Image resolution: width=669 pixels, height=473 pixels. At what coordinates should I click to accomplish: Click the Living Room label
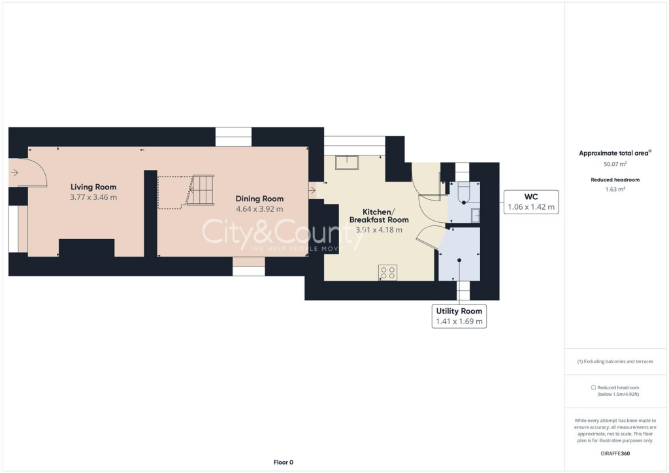(x=93, y=187)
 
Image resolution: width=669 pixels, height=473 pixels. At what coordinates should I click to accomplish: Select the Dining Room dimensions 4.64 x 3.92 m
(x=259, y=209)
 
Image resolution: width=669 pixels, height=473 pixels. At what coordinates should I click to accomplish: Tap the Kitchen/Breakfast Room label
(x=379, y=216)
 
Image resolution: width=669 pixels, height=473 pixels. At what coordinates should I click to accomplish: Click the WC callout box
(x=531, y=202)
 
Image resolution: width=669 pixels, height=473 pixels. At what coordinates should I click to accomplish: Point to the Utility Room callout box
(x=459, y=316)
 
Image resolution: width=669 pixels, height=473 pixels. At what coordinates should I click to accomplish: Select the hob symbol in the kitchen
(x=387, y=273)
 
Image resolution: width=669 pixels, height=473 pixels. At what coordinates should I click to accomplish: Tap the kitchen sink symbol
(x=346, y=161)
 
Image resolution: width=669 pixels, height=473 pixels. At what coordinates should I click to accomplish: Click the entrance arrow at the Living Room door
(x=14, y=173)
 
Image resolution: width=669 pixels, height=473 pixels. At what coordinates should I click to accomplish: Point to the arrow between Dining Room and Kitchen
(x=313, y=191)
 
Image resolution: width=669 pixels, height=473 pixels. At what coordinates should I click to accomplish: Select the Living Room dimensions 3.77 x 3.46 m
(x=93, y=197)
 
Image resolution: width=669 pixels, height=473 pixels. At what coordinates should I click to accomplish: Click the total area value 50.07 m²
(x=615, y=164)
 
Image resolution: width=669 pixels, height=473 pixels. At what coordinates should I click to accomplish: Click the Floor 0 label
(x=283, y=462)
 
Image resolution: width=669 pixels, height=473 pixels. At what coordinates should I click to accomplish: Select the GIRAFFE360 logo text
(x=615, y=453)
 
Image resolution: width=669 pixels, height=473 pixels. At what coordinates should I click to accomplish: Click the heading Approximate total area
(x=615, y=153)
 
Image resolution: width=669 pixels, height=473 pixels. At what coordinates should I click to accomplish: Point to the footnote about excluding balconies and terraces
(x=615, y=361)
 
